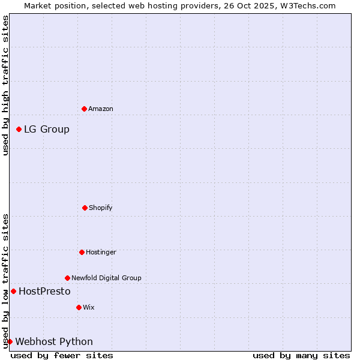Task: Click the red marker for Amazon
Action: [x=84, y=109]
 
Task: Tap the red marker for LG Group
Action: [x=19, y=129]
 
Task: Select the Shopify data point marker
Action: [x=85, y=208]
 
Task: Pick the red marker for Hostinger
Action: [x=82, y=252]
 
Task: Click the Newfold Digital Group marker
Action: [x=67, y=278]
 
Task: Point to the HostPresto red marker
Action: [x=13, y=291]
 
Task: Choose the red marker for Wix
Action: [x=79, y=307]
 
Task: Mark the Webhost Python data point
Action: [x=10, y=341]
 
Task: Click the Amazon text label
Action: [x=101, y=109]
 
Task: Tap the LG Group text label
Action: [x=47, y=129]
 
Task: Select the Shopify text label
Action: [x=101, y=208]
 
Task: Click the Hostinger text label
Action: [x=101, y=252]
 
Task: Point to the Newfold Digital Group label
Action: [x=106, y=278]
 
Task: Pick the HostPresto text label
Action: [x=44, y=291]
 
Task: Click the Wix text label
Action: [x=89, y=307]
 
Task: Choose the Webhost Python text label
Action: [x=54, y=341]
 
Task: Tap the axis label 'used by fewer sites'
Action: [x=62, y=355]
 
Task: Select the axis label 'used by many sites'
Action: [x=301, y=355]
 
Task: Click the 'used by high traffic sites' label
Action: [x=5, y=85]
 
